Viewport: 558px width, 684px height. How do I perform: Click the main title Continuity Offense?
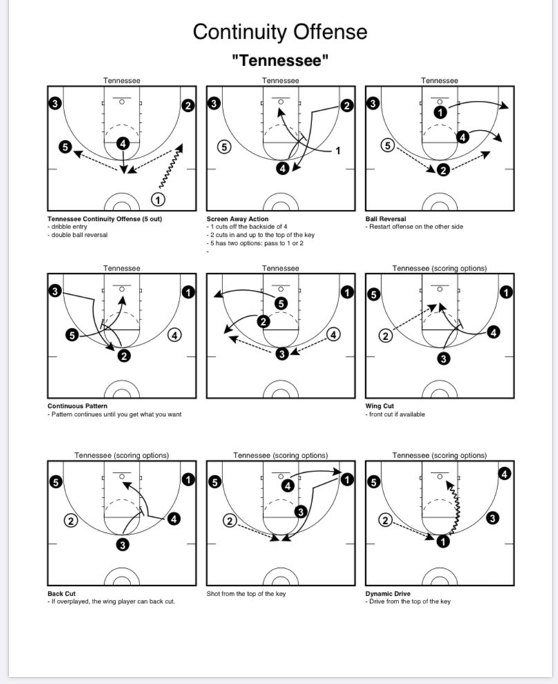(280, 32)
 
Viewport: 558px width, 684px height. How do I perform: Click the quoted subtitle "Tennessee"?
(280, 61)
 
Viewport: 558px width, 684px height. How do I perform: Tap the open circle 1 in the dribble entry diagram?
(158, 199)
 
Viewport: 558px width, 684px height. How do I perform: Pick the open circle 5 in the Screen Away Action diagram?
(223, 146)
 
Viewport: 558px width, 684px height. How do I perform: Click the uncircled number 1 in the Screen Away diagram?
(338, 150)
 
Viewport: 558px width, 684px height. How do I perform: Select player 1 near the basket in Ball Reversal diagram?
(440, 111)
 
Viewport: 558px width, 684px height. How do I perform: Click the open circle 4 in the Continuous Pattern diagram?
(175, 335)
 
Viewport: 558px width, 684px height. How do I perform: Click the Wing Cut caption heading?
(380, 406)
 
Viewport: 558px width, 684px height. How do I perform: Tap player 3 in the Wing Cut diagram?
(443, 358)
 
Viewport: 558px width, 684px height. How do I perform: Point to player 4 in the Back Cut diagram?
(174, 518)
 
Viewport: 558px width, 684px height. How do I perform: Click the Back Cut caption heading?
(61, 593)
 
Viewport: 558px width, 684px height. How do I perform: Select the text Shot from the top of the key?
(246, 593)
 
